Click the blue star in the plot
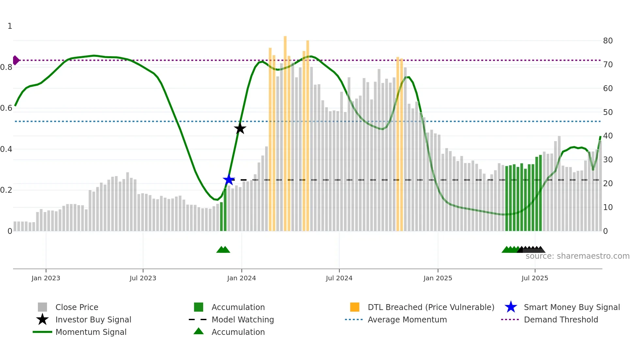(x=229, y=180)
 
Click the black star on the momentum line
(x=240, y=128)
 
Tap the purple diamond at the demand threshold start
(x=16, y=60)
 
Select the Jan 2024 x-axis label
(x=241, y=278)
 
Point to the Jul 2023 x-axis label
(x=143, y=278)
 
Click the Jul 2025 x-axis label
(x=535, y=278)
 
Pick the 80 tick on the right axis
(x=608, y=41)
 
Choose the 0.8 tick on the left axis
(x=6, y=67)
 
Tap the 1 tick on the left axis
(x=10, y=26)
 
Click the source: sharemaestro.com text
(x=577, y=256)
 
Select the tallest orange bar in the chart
(x=285, y=131)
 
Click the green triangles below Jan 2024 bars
(x=223, y=250)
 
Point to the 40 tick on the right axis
(x=608, y=136)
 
